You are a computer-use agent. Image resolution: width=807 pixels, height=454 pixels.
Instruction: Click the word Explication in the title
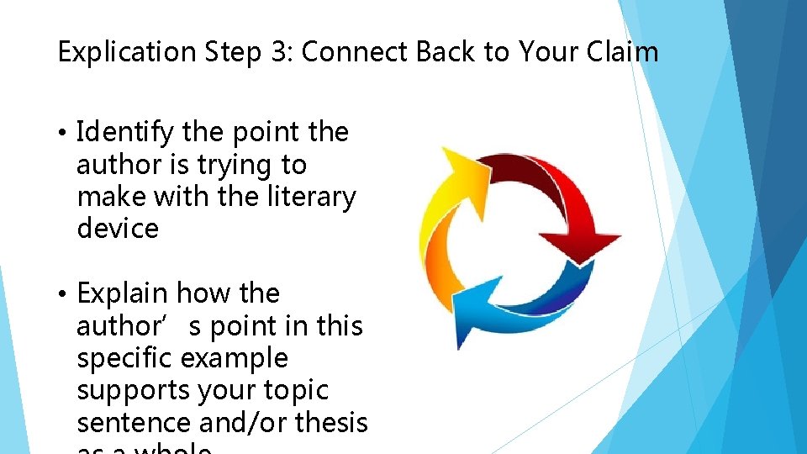click(126, 53)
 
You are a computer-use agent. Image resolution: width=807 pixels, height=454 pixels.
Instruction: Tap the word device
click(118, 229)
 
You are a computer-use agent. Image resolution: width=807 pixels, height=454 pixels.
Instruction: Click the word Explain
click(123, 294)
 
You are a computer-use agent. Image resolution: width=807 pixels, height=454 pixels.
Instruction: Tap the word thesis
click(332, 423)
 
